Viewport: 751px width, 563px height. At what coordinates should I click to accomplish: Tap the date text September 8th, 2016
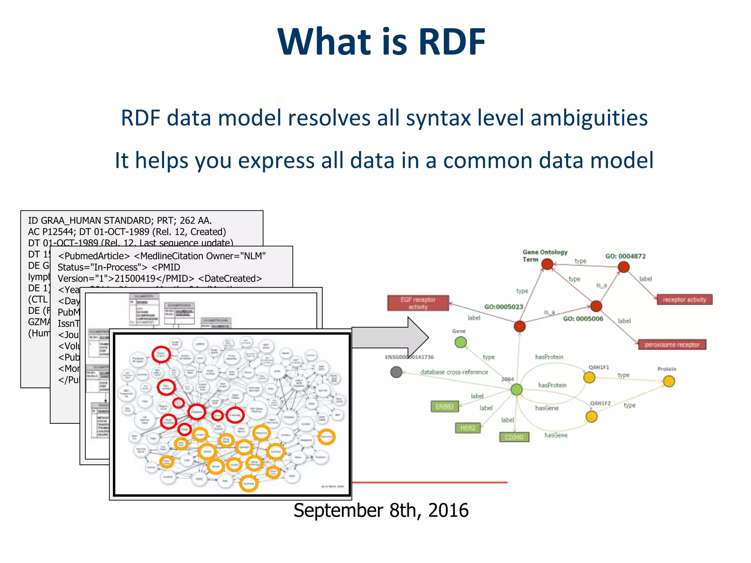tap(381, 510)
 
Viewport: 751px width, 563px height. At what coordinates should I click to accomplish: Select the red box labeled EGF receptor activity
tap(418, 303)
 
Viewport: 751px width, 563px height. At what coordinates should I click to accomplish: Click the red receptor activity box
tap(684, 299)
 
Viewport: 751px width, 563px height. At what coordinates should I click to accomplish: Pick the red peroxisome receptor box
tap(672, 345)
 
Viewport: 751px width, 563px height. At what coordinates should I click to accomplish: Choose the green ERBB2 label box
tap(444, 406)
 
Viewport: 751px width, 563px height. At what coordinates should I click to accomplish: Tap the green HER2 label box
tap(468, 428)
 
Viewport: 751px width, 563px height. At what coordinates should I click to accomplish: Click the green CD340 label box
tap(514, 437)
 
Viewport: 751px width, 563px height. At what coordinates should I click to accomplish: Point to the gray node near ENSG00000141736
tap(396, 372)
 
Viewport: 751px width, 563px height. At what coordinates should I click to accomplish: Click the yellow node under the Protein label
tap(669, 381)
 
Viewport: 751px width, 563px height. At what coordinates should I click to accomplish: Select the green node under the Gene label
tap(461, 342)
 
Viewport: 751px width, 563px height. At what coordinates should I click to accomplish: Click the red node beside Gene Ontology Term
tap(547, 264)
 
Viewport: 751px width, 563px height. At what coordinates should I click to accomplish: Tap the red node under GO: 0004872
tap(623, 267)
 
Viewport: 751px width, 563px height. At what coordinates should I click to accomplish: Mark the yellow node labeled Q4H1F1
tap(589, 377)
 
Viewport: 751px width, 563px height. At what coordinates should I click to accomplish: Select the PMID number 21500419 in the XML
tap(135, 279)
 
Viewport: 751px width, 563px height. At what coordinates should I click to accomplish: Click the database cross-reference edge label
tap(454, 372)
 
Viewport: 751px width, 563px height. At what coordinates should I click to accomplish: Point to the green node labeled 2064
tap(516, 389)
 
